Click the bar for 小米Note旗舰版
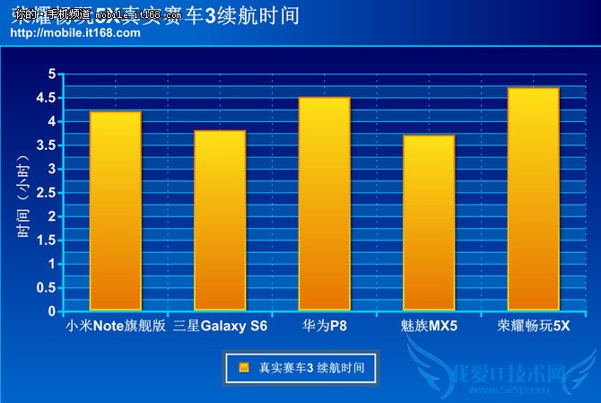click(115, 211)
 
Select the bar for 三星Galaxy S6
click(220, 221)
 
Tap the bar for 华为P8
click(325, 204)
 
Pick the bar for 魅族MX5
click(429, 223)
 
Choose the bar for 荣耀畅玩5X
click(534, 199)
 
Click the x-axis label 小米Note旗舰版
click(117, 326)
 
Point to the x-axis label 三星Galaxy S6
click(220, 326)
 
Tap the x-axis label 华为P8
click(325, 326)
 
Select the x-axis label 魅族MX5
click(429, 326)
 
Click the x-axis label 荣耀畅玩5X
click(534, 326)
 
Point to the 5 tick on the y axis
click(51, 74)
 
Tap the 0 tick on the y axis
click(51, 311)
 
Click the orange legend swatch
click(243, 367)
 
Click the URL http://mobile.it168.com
click(75, 32)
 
